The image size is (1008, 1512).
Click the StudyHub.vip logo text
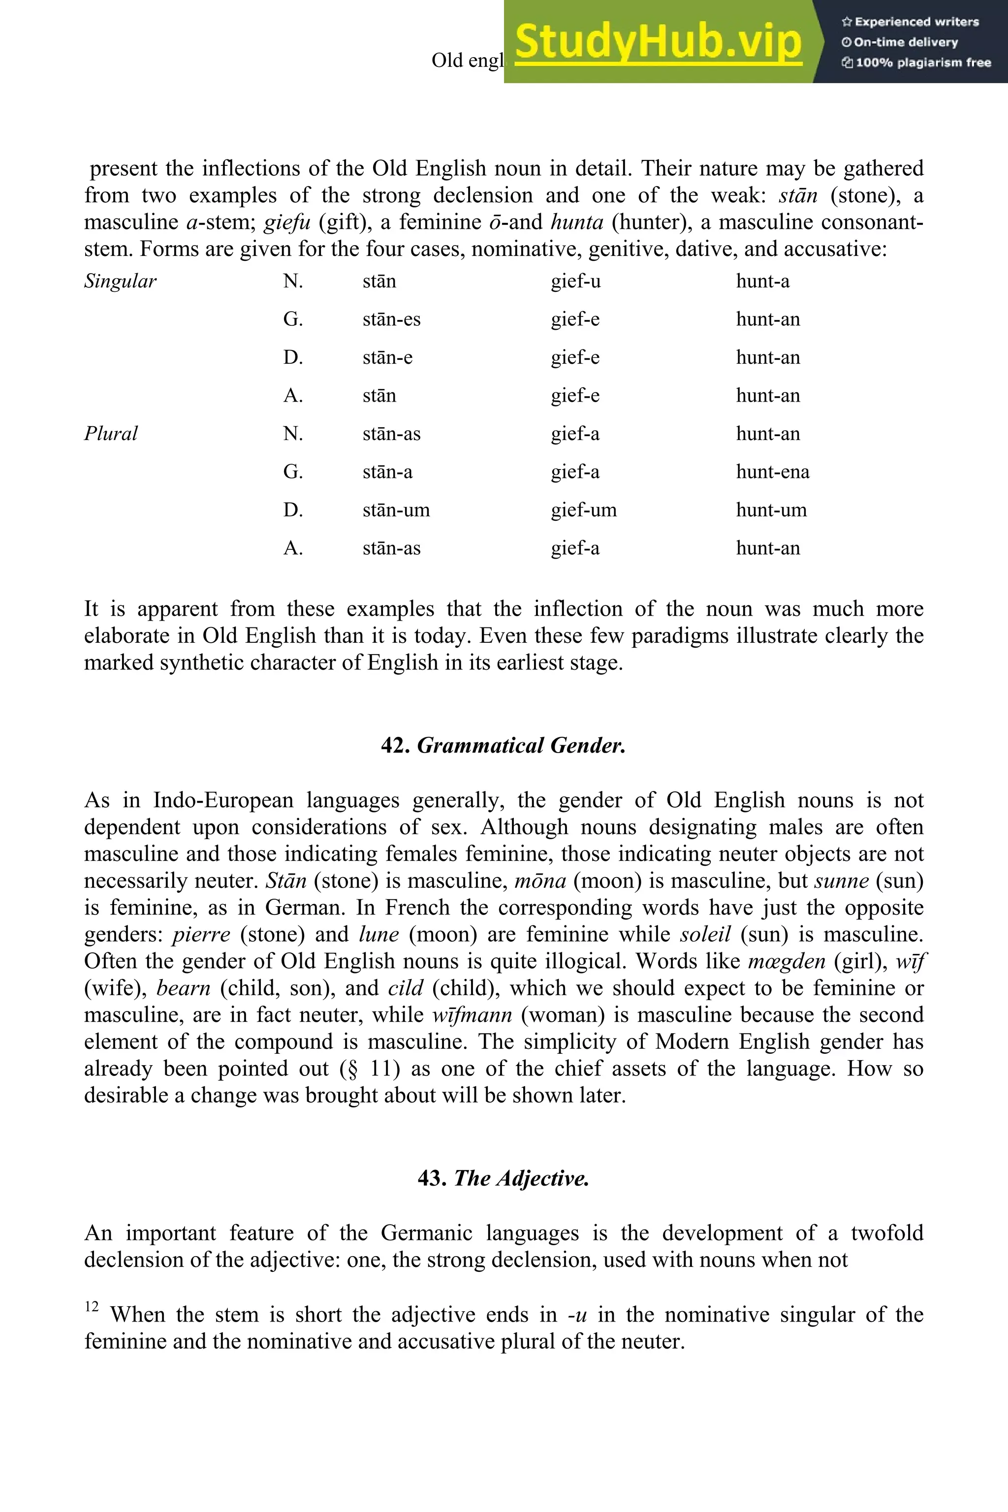tap(658, 41)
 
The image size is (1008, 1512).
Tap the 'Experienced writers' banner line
tap(910, 22)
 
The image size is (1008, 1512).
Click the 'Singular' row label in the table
tap(120, 282)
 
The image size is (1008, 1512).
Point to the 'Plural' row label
tap(111, 434)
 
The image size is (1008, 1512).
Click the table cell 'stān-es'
tap(391, 319)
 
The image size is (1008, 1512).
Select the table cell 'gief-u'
tap(575, 282)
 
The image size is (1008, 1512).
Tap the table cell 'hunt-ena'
tap(772, 472)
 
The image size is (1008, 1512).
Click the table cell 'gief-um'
tap(583, 510)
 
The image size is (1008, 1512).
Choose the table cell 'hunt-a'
tap(762, 282)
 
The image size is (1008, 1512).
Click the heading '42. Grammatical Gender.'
tap(504, 745)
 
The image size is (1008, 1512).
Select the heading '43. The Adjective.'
tap(504, 1178)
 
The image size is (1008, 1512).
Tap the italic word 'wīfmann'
tap(472, 1014)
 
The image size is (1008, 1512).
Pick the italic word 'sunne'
tap(842, 880)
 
